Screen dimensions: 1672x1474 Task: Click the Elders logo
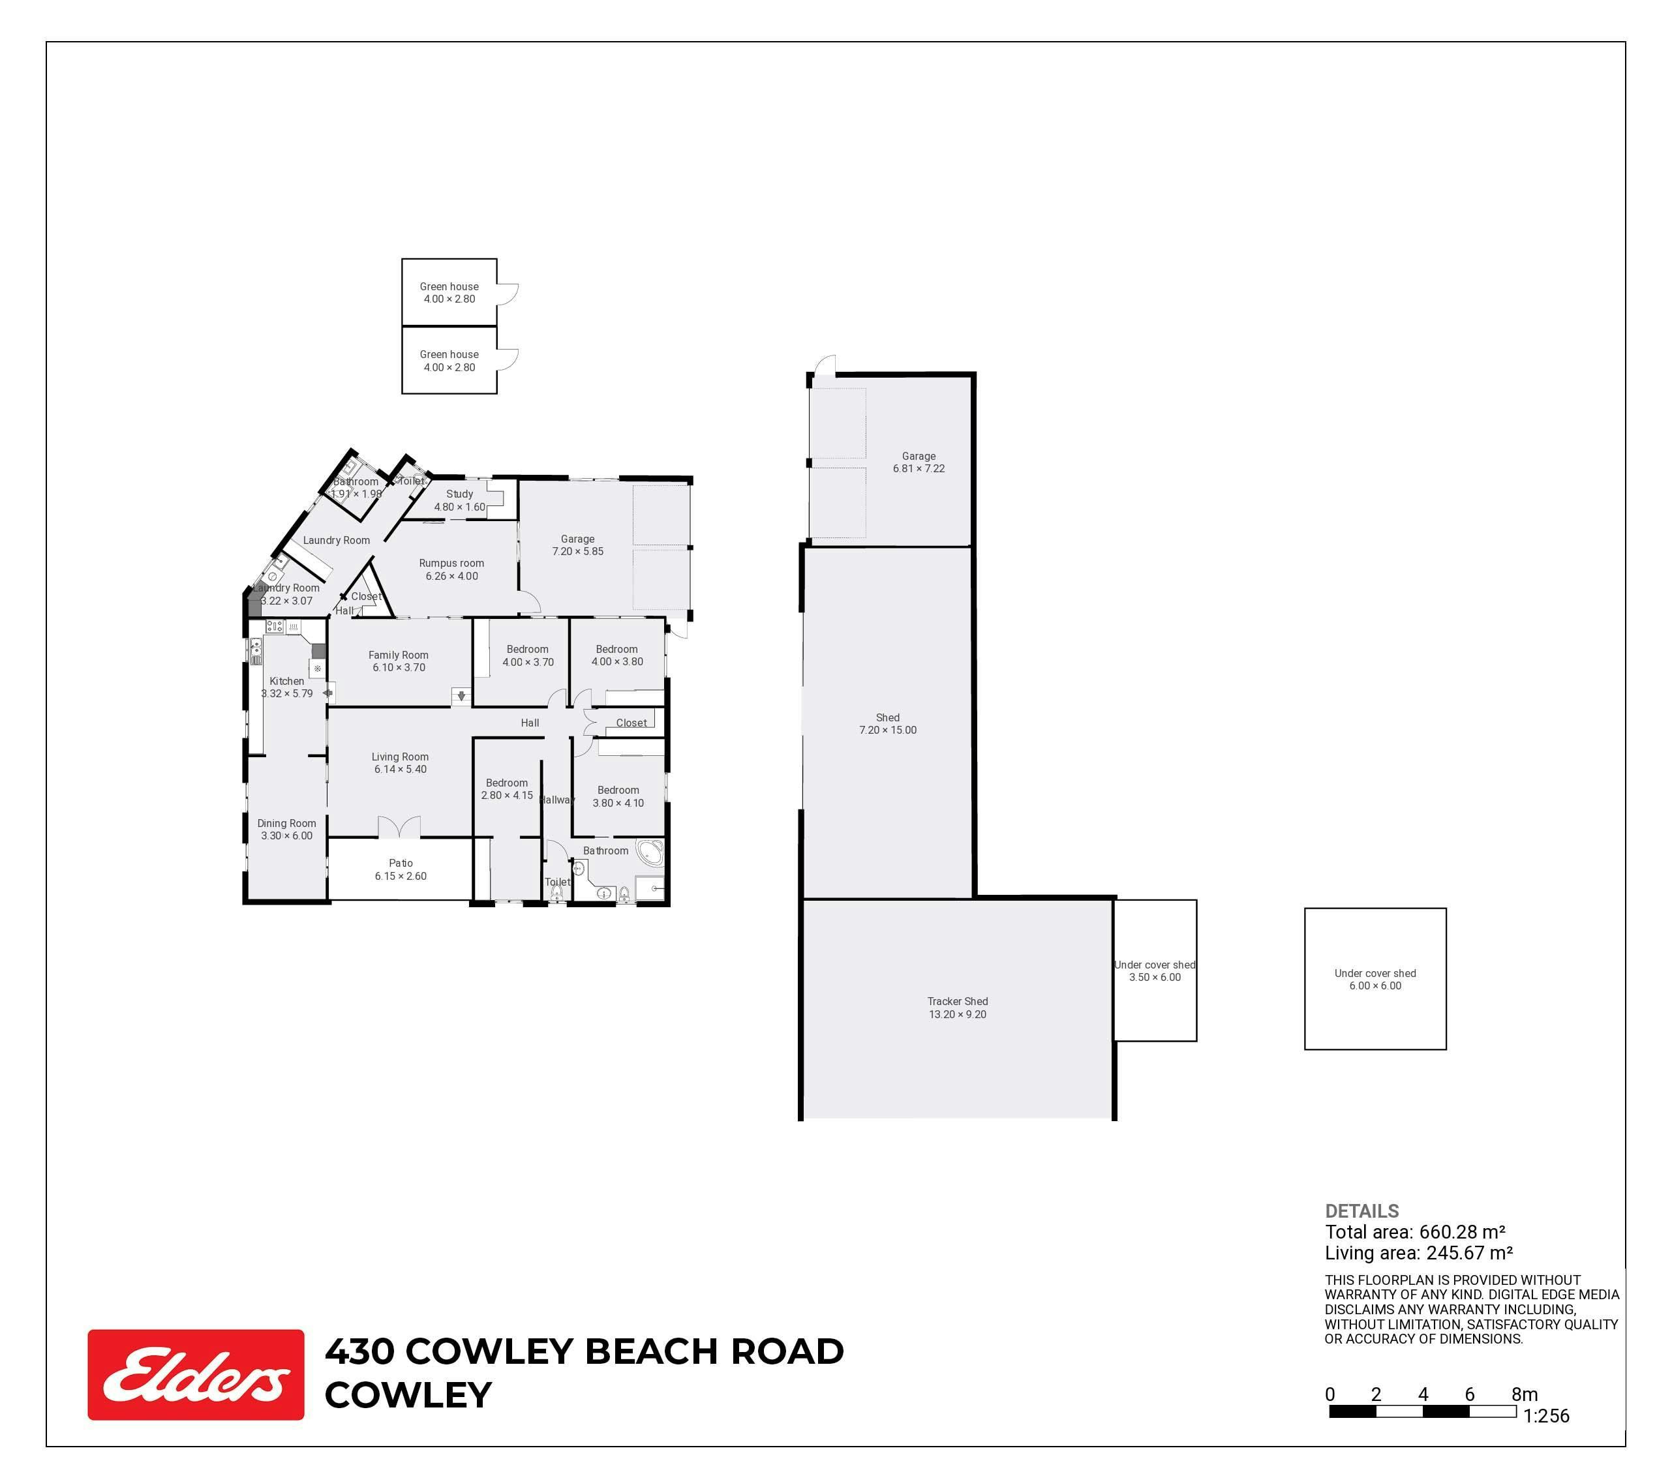click(x=196, y=1374)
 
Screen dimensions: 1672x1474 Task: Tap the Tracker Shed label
click(x=957, y=1001)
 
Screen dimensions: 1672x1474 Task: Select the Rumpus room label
click(x=451, y=563)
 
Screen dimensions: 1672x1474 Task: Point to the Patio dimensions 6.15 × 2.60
click(x=401, y=876)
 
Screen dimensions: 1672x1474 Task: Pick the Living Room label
click(x=400, y=757)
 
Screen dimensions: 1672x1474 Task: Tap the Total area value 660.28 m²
click(x=1463, y=1232)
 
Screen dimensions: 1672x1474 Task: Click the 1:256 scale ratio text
click(x=1546, y=1416)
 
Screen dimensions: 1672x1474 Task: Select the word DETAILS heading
click(x=1362, y=1211)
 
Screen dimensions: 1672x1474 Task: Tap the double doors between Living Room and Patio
click(x=399, y=827)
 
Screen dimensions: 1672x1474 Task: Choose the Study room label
click(x=460, y=494)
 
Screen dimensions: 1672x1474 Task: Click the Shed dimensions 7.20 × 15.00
click(x=887, y=730)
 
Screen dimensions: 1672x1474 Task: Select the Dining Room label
click(x=286, y=824)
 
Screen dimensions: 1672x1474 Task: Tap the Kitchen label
click(x=287, y=680)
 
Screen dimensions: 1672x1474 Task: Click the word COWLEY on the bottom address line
click(x=408, y=1396)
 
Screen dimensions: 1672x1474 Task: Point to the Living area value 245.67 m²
click(x=1469, y=1253)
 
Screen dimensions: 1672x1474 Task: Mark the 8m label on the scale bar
click(x=1525, y=1394)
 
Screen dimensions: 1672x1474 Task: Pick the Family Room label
click(x=399, y=654)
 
